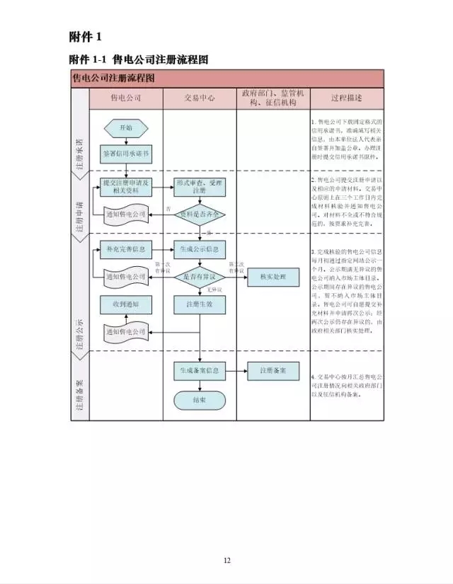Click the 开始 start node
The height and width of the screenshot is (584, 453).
tap(126, 128)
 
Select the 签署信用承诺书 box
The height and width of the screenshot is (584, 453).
tap(126, 153)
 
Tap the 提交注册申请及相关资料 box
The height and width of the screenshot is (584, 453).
tap(126, 186)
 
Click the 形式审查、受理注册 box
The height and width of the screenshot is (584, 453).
tap(200, 186)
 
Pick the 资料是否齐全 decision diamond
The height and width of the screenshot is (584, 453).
tap(200, 213)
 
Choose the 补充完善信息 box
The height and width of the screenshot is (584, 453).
tap(126, 249)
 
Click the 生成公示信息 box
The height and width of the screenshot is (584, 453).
tap(200, 249)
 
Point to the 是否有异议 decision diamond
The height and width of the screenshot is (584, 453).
tap(200, 276)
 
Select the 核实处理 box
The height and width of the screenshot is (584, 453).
tap(273, 276)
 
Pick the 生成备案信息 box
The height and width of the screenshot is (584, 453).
tap(200, 370)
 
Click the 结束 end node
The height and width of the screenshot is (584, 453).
tap(200, 399)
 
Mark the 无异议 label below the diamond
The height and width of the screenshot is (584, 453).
tap(210, 290)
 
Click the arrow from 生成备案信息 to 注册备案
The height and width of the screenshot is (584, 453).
tap(236, 370)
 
